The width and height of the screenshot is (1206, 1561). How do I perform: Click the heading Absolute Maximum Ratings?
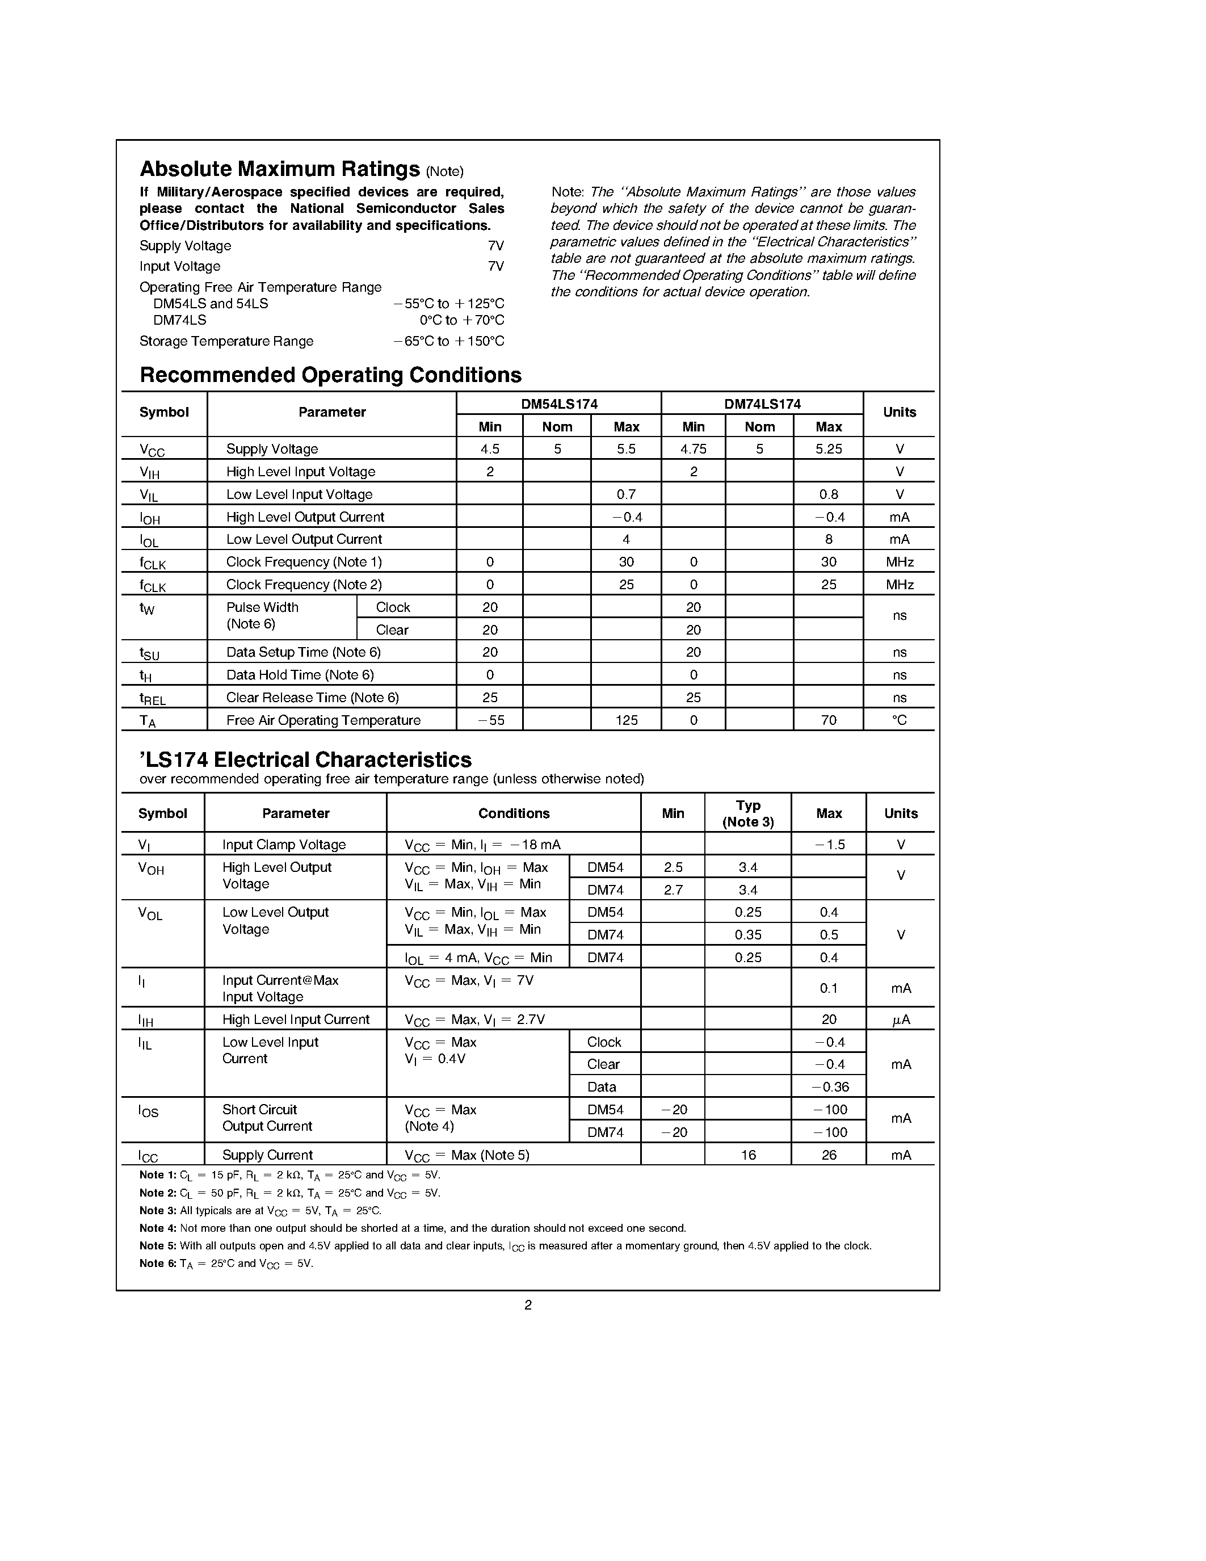pos(279,169)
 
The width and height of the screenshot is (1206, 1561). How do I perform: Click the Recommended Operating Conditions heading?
pos(330,375)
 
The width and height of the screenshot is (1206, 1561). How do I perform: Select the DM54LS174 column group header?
pos(558,404)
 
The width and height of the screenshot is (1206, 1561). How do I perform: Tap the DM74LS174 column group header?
pos(762,404)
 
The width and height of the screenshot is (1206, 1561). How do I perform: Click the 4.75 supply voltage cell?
pos(693,449)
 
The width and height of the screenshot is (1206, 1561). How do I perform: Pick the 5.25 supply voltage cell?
pos(828,449)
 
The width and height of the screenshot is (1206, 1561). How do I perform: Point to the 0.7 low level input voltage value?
pos(626,494)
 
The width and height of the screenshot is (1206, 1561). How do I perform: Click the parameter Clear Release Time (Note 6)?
pos(312,698)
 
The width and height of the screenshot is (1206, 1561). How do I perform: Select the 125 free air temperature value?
pos(626,720)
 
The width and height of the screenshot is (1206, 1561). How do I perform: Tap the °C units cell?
pos(899,720)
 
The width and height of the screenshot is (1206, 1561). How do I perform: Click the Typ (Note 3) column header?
pos(747,813)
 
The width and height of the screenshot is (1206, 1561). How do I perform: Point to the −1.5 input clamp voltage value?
pos(829,845)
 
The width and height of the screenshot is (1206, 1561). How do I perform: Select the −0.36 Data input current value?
pos(829,1087)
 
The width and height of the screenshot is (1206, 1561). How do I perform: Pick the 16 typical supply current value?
pos(747,1155)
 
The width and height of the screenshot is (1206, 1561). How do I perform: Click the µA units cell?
pos(900,1020)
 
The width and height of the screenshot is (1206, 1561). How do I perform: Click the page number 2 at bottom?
pos(528,1305)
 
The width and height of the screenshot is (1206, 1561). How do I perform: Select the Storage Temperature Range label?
pos(226,342)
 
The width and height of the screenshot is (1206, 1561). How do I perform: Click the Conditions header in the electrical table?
pos(514,813)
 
